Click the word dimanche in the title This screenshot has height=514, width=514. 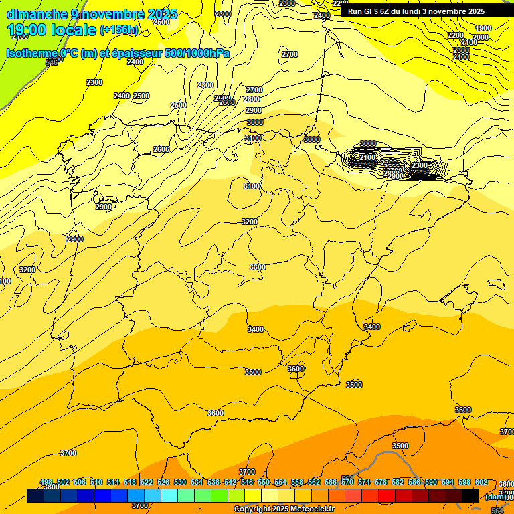[37, 14]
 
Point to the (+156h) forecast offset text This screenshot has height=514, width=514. [119, 30]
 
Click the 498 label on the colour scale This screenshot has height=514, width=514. [46, 483]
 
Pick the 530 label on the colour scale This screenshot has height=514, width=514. [180, 483]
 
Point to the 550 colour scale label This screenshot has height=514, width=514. [264, 483]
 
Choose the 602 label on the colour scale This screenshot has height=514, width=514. [481, 483]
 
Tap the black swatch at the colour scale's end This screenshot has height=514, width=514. [470, 495]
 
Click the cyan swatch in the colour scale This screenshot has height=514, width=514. [169, 495]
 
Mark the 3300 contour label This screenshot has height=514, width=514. [258, 267]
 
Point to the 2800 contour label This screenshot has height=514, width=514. [252, 99]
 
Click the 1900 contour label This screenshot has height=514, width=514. [483, 28]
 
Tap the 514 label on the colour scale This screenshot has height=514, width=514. [113, 483]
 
